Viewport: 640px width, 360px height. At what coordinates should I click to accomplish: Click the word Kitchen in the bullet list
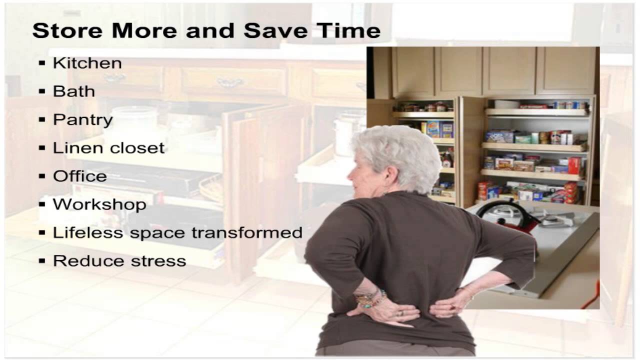(x=87, y=63)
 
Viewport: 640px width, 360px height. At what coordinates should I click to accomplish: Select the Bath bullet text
(x=73, y=91)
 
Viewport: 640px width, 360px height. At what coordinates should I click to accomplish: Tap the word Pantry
(x=82, y=120)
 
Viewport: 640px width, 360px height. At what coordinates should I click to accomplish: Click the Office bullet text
(x=79, y=176)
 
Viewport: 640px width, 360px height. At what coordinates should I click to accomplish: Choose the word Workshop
(x=99, y=204)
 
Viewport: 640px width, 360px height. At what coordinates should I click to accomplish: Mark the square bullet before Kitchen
(x=42, y=63)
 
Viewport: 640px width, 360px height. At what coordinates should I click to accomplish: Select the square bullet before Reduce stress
(x=42, y=261)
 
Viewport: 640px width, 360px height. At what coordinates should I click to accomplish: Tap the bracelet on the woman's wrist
(x=370, y=298)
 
